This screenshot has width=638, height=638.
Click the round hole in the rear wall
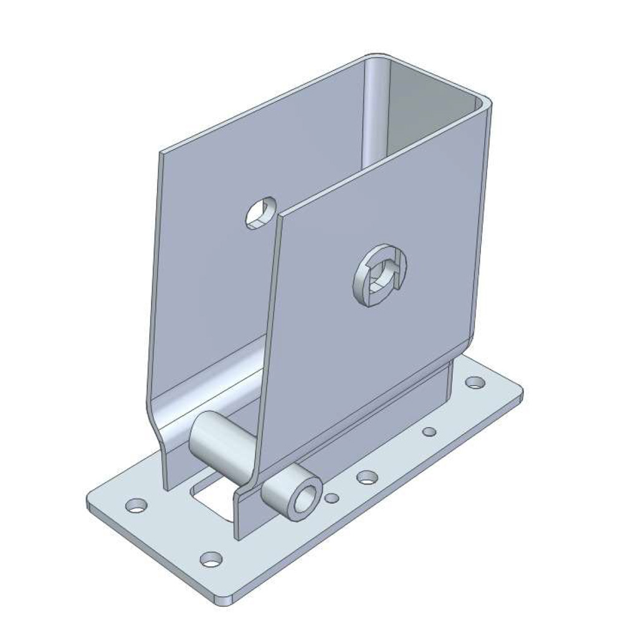tap(260, 213)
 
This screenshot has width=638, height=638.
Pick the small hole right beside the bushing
tap(333, 498)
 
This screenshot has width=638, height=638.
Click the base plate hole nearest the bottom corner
tap(211, 558)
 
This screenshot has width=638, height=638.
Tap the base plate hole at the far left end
tap(136, 505)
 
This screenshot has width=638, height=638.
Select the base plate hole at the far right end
tap(475, 381)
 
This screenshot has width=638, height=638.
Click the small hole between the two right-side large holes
tap(429, 431)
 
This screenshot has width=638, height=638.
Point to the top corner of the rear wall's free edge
tap(162, 152)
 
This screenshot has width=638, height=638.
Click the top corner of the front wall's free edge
tap(282, 216)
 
